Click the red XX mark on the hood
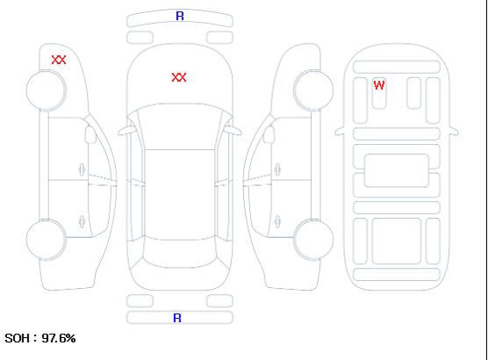179,77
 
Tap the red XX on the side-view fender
59,60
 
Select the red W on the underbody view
379,85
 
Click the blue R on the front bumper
180,16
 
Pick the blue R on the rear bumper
177,318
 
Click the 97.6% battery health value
59,338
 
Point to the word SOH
18,338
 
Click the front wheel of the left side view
46,90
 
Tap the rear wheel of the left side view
46,240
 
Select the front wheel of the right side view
313,90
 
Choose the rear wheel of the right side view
313,240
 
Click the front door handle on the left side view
82,169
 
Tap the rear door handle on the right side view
277,221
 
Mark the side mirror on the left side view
90,134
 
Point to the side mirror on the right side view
269,134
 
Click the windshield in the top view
180,126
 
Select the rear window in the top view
180,253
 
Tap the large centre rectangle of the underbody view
397,170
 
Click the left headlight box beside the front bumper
140,38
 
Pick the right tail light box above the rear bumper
219,301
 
